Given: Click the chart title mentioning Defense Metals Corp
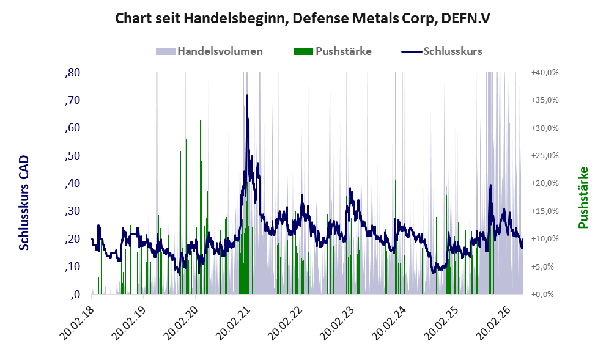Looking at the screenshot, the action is tap(303, 18).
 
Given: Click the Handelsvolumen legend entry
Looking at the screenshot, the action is tap(209, 51).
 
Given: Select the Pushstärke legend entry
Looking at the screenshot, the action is tap(333, 51).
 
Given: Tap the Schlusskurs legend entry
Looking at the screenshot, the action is tap(442, 51).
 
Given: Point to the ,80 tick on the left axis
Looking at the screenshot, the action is tap(72, 73).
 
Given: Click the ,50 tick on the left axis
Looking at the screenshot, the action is tap(72, 156).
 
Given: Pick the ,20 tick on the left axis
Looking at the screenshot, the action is tap(72, 239).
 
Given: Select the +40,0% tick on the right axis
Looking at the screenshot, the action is tap(545, 73).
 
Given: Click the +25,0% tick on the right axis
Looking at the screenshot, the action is tap(545, 156).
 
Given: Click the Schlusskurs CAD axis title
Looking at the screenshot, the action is tap(24, 202).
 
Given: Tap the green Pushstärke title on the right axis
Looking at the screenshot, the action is tap(583, 197).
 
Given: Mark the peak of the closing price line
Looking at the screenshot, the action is tap(247, 95).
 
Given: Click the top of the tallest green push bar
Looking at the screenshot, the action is tap(200, 120).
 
